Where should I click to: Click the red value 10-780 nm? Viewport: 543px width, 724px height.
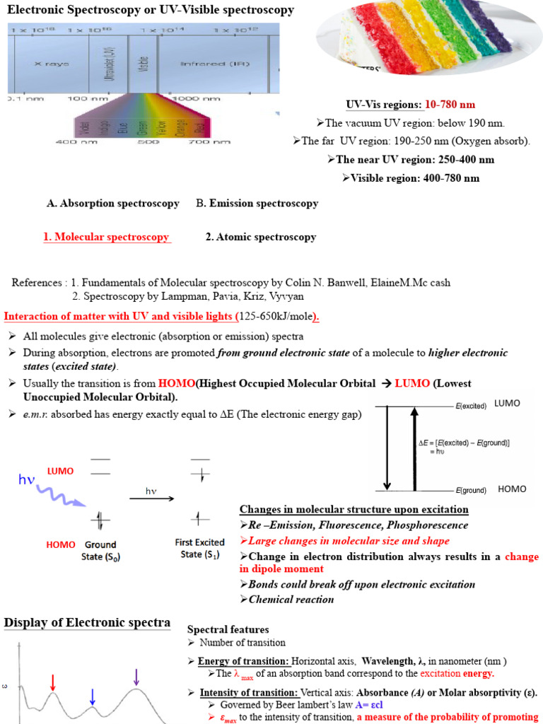click(450, 105)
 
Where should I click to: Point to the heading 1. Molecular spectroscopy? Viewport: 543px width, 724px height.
click(107, 237)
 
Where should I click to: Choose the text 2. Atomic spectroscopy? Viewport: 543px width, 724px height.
click(261, 237)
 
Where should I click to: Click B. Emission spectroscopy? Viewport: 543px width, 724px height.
click(257, 203)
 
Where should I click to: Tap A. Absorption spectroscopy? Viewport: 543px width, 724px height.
click(113, 203)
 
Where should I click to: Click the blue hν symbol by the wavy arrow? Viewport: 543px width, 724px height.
click(27, 481)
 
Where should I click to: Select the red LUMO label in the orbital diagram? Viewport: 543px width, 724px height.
click(60, 470)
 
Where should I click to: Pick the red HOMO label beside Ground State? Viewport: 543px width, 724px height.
click(61, 545)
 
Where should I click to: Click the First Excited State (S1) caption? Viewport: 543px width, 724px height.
click(199, 549)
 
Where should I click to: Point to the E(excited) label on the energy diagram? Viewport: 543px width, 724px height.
click(471, 407)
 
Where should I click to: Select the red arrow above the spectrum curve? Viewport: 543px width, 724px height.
click(52, 682)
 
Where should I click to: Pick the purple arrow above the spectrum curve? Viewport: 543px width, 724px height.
click(136, 677)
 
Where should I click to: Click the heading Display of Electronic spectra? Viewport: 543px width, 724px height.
click(88, 622)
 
